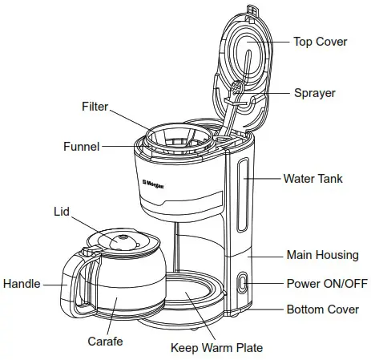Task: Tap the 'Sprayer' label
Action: (314, 93)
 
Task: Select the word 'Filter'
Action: (95, 107)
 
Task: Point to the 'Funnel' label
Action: (82, 147)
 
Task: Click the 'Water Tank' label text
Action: (313, 178)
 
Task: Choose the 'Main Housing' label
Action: (322, 255)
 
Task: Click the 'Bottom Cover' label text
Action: (322, 309)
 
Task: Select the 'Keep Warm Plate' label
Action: (216, 348)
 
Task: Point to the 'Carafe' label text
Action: (105, 342)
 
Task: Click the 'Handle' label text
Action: (22, 283)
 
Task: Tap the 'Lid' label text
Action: (62, 212)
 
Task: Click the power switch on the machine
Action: (243, 282)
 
